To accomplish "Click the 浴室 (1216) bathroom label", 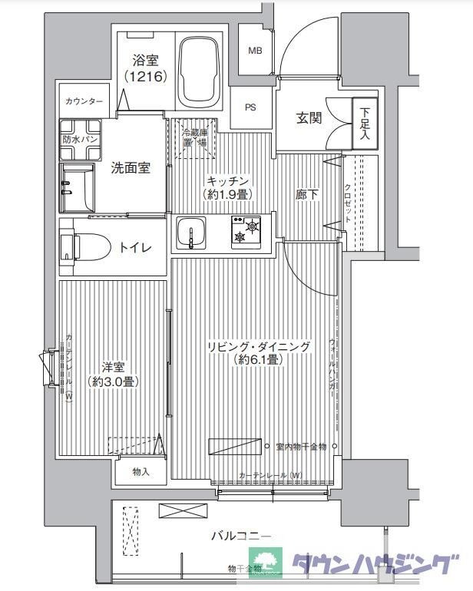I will click(x=145, y=68).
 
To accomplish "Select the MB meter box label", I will click(x=253, y=51).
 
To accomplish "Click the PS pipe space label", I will click(x=250, y=107).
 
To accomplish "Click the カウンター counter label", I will click(x=84, y=101).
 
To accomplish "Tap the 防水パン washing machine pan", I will click(x=80, y=140).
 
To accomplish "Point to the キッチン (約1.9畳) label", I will click(x=227, y=188).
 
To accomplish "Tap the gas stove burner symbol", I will click(x=245, y=233).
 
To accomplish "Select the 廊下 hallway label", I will click(x=307, y=196).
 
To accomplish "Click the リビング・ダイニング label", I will click(x=259, y=354).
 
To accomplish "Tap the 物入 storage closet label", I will click(x=140, y=472).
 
